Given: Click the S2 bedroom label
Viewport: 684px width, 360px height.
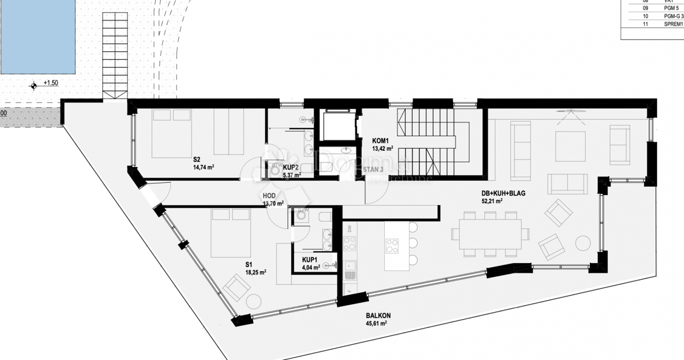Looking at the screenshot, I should tap(197, 159).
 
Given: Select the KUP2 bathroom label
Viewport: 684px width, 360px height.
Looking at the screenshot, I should tap(291, 167).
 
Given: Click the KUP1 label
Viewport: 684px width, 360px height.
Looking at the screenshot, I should tap(311, 259).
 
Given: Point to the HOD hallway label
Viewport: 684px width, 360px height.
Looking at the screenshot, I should tap(269, 195).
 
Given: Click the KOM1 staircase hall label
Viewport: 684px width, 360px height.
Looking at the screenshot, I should tap(380, 141).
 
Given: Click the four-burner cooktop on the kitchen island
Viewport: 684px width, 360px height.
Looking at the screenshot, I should tap(392, 246).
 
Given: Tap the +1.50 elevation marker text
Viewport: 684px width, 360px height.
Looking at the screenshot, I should tap(51, 83).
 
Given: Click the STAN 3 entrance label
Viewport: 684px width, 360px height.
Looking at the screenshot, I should tap(373, 169).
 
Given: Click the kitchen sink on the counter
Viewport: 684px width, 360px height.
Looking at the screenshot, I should tap(350, 267).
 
